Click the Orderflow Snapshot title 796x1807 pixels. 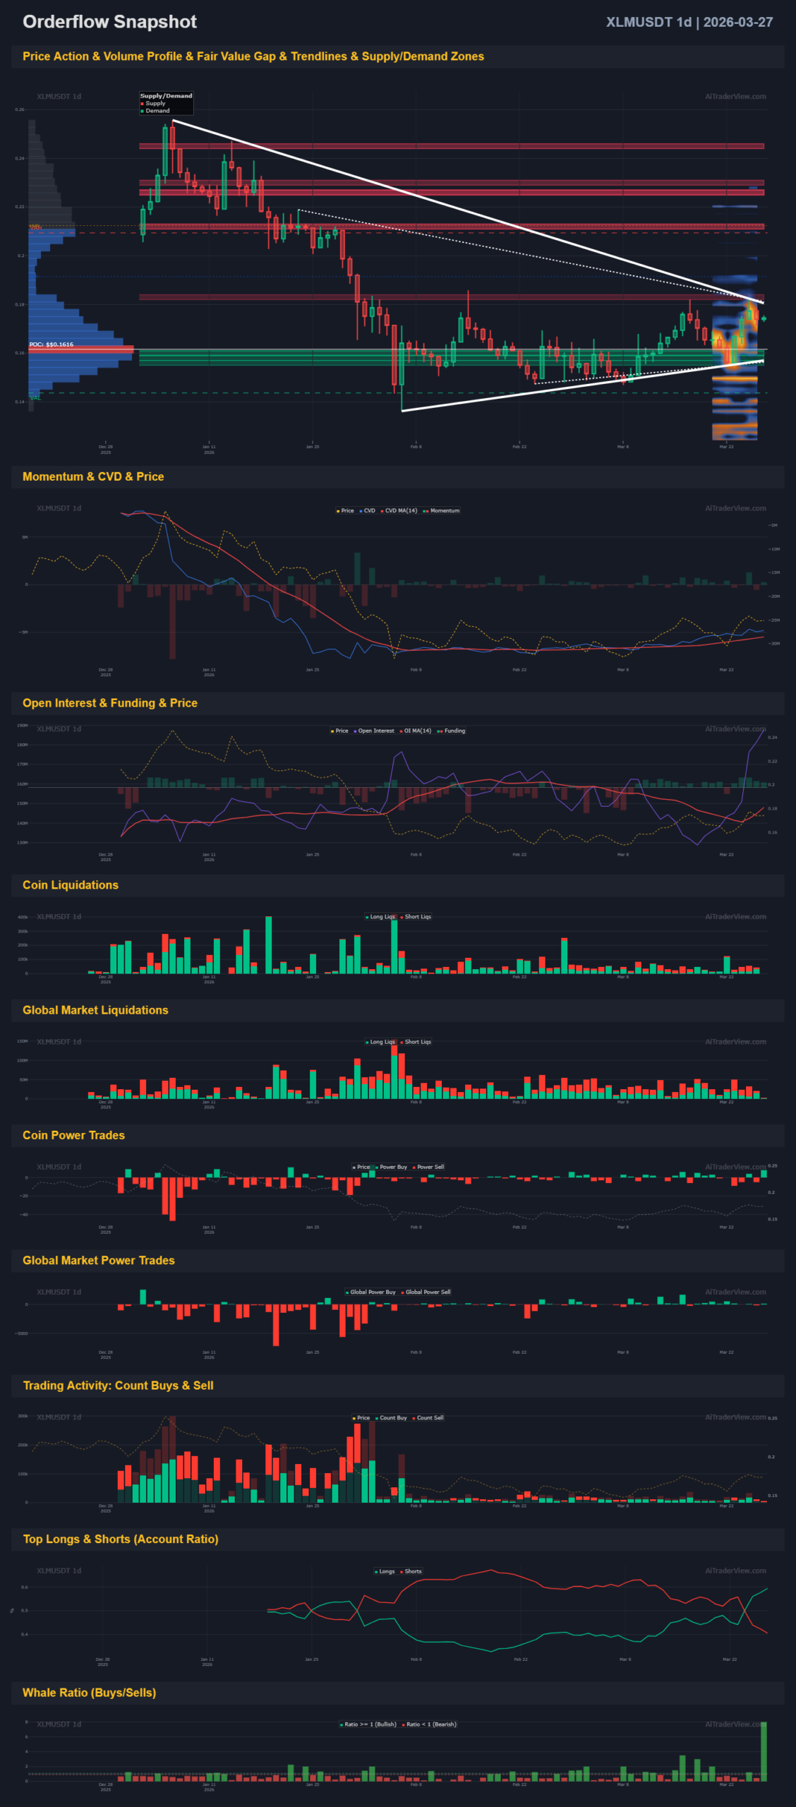[109, 22]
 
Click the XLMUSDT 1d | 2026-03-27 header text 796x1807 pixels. [689, 22]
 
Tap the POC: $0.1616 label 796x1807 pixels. [52, 344]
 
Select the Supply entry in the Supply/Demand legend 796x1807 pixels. [155, 103]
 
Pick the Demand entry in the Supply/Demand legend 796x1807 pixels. [157, 111]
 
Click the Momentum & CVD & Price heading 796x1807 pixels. [93, 476]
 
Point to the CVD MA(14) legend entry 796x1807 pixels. [400, 510]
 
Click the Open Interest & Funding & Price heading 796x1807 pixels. [110, 703]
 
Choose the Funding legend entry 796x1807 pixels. [454, 731]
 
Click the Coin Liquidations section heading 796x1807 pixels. [71, 885]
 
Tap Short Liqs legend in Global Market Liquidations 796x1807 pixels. [417, 1042]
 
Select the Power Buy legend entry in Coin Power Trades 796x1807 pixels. [393, 1167]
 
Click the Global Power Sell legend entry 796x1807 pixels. [428, 1292]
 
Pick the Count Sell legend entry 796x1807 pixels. [430, 1417]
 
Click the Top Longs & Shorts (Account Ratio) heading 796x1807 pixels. [121, 1539]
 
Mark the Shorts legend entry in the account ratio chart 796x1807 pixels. [413, 1571]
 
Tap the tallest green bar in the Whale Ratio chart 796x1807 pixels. [764, 1751]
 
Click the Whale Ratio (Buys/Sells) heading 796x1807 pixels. [90, 1693]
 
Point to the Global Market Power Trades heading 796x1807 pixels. [99, 1261]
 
